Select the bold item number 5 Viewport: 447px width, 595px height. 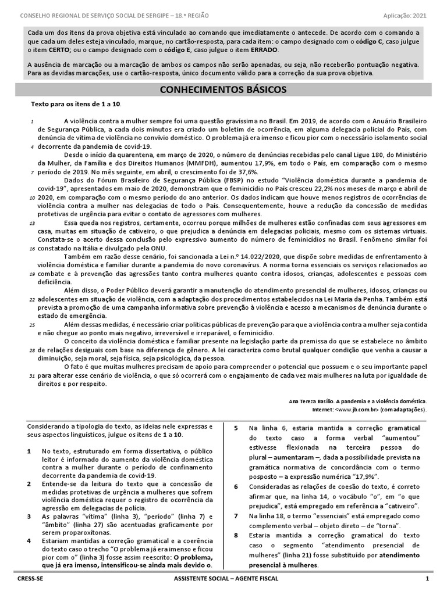coord(236,429)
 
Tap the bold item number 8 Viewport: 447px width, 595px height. coord(236,535)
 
